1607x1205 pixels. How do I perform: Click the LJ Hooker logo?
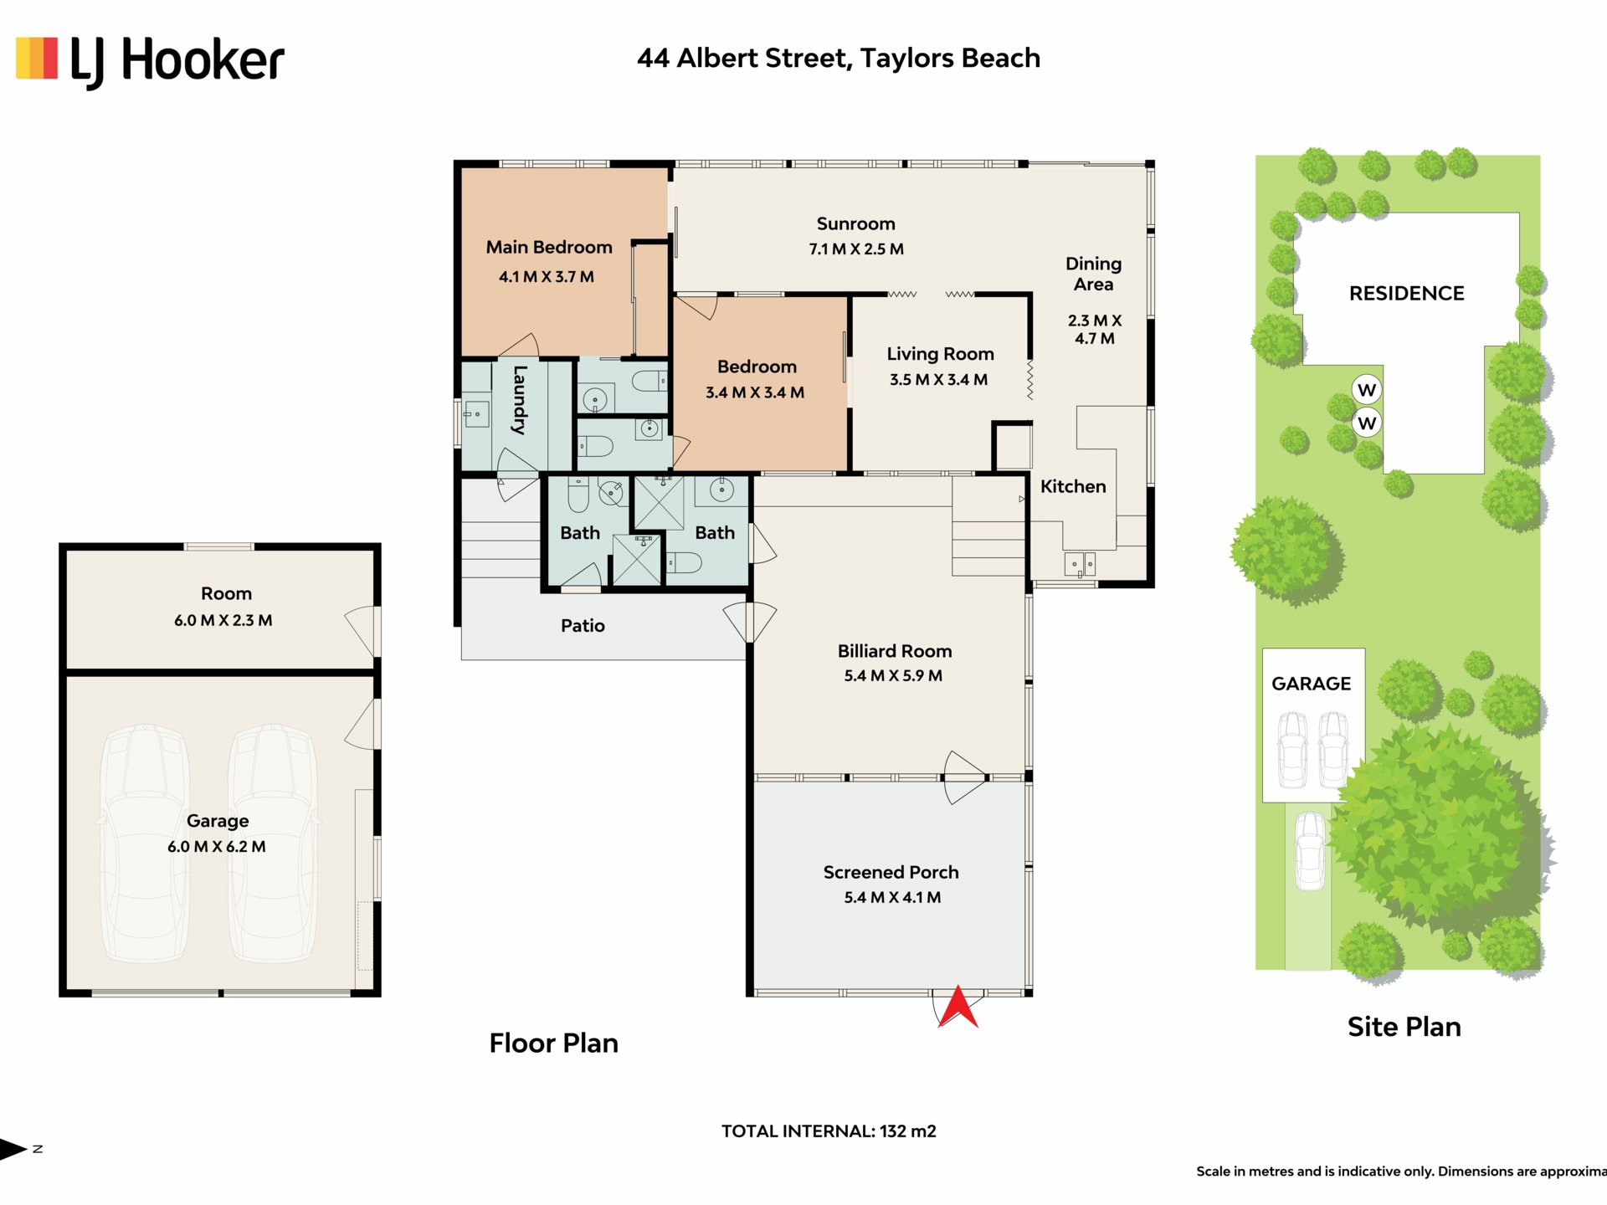151,61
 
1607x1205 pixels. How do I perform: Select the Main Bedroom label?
549,248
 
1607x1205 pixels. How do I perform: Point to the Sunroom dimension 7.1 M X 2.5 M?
856,249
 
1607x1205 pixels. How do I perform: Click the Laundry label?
520,400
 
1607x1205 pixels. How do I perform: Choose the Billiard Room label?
895,651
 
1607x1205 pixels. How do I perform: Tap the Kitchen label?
1073,486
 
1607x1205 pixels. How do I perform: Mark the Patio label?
583,626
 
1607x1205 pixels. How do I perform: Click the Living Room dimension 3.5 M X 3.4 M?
938,380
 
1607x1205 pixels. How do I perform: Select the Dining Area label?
1093,274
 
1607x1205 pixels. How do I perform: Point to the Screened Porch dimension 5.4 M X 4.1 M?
892,898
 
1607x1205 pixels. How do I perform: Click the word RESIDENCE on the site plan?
1406,294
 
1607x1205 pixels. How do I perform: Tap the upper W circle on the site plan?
1367,389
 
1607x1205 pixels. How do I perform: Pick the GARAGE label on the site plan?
1311,684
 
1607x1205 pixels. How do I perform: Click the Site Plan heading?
1404,1027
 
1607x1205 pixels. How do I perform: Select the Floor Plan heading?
553,1043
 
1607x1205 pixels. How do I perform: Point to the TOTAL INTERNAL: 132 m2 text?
829,1131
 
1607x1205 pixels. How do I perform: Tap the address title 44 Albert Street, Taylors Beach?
839,59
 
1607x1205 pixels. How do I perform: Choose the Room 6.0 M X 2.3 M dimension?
223,621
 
